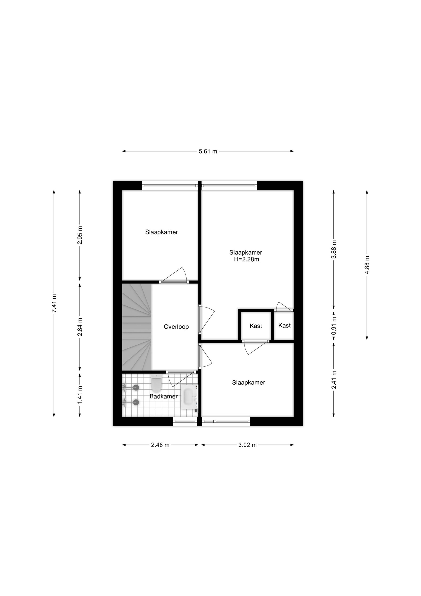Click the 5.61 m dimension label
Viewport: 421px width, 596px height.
tap(208, 151)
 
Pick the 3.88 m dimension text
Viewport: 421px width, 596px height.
tap(334, 249)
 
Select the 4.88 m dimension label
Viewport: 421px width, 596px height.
tap(367, 265)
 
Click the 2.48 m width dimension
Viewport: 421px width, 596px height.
tap(160, 445)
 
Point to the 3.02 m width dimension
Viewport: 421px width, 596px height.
tap(247, 445)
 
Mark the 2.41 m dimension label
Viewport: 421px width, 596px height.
tap(334, 379)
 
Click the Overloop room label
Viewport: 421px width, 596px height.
tap(176, 327)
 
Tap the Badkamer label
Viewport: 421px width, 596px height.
tap(164, 396)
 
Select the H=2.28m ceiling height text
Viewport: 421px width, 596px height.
tap(246, 259)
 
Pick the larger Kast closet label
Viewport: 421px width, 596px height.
tap(256, 326)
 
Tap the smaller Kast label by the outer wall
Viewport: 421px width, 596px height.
tap(284, 325)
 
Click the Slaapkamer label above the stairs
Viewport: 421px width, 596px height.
tap(161, 232)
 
